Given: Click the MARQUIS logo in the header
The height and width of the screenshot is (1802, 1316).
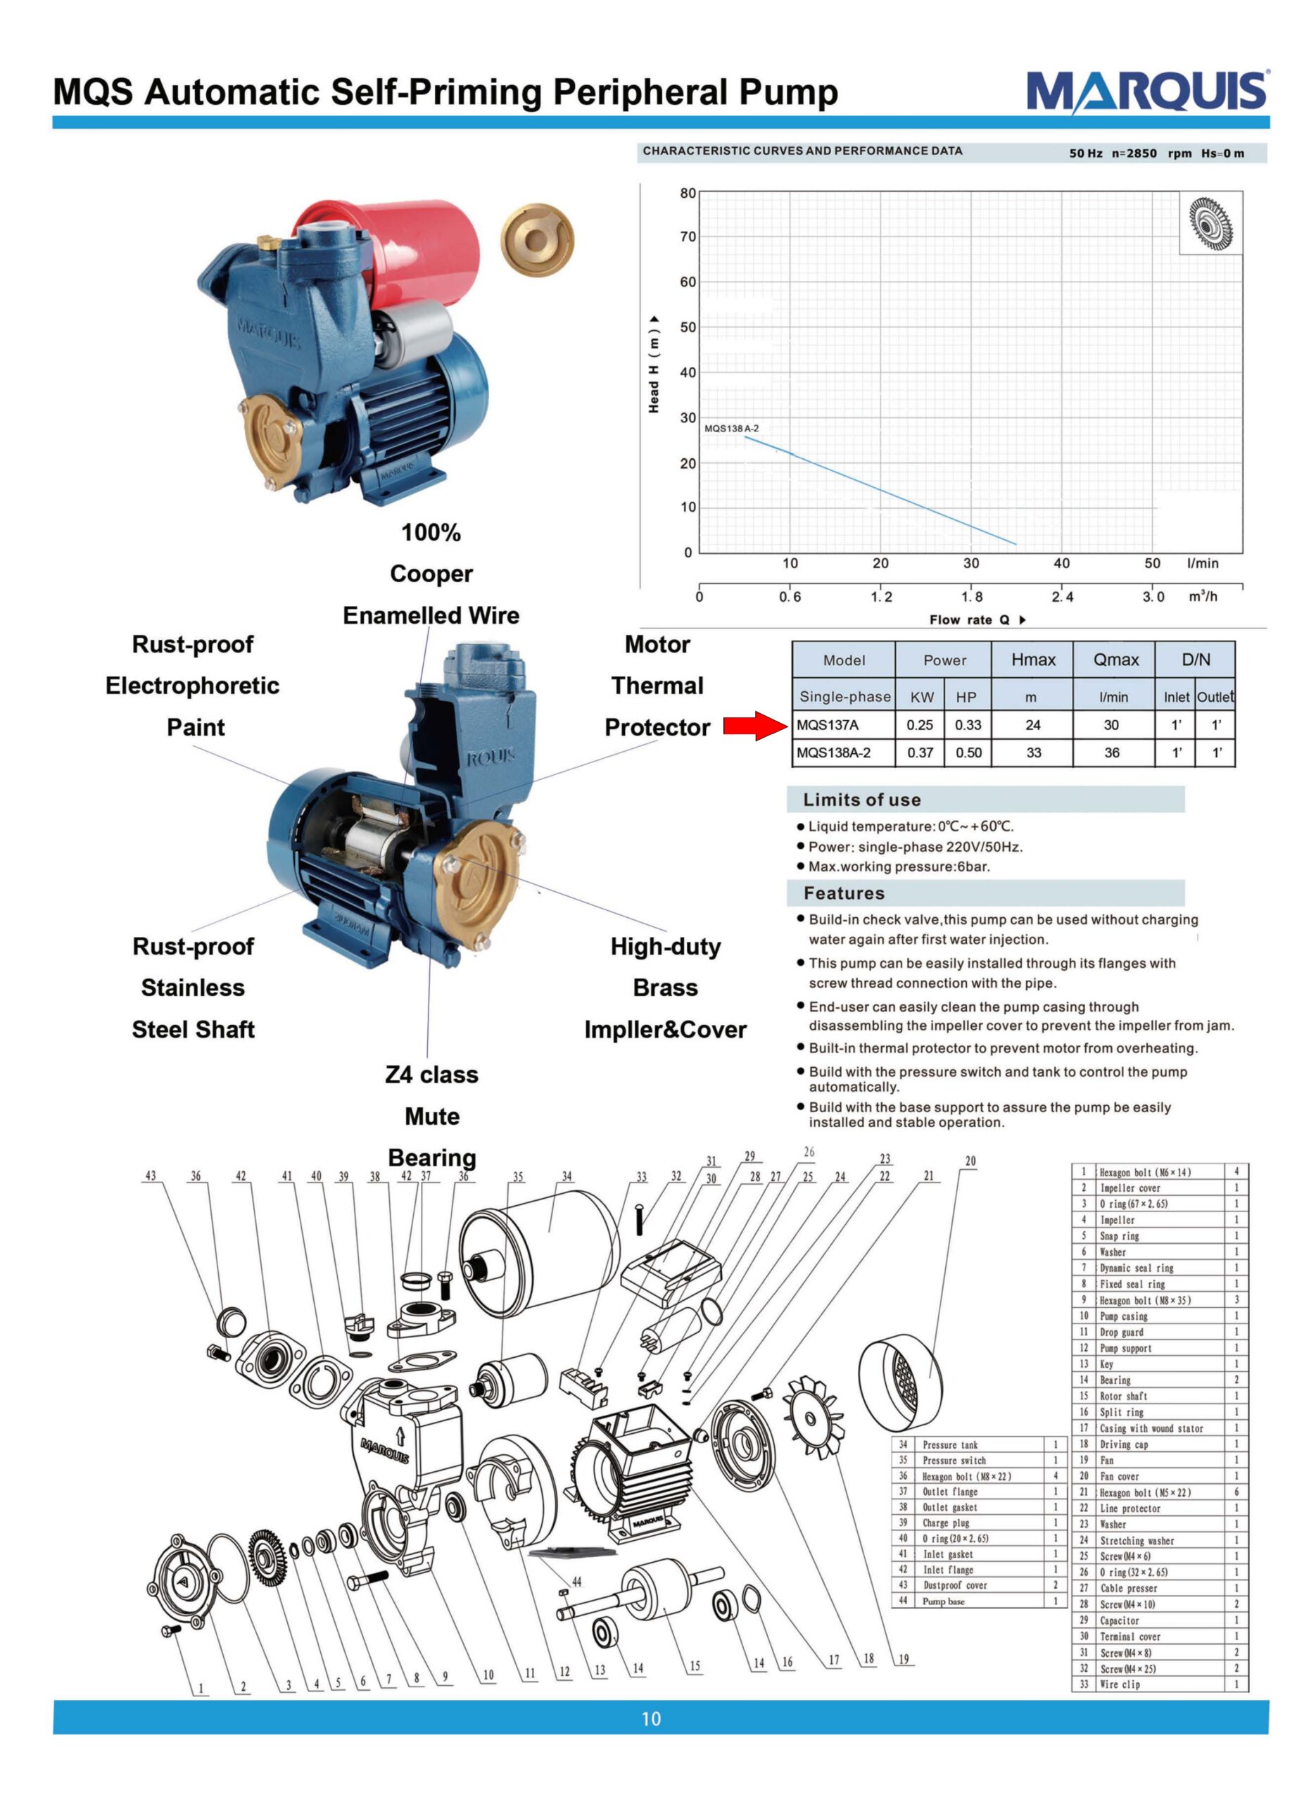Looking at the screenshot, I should (1146, 92).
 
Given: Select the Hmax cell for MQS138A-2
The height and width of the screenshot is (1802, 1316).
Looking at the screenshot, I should (1033, 752).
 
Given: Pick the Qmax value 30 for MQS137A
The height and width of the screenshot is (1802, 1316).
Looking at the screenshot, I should (1111, 725).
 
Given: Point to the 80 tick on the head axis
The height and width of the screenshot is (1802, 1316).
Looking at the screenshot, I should (688, 193).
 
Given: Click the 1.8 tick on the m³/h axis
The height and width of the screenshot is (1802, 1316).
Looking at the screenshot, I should (972, 597).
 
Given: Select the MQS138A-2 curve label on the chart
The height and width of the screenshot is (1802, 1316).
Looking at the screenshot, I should (731, 429).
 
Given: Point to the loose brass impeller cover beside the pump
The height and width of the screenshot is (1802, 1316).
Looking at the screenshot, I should (537, 240).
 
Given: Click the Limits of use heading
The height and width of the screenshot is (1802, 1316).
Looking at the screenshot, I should (861, 800).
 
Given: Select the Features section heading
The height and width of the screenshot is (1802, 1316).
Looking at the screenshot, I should (844, 893).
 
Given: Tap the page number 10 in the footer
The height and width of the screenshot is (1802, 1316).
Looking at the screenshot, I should (651, 1718).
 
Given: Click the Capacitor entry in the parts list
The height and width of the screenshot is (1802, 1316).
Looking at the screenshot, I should (1119, 1620).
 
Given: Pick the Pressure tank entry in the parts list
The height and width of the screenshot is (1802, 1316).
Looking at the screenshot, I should (949, 1444).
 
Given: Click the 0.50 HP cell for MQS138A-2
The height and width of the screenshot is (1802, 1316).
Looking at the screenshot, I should (968, 752).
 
